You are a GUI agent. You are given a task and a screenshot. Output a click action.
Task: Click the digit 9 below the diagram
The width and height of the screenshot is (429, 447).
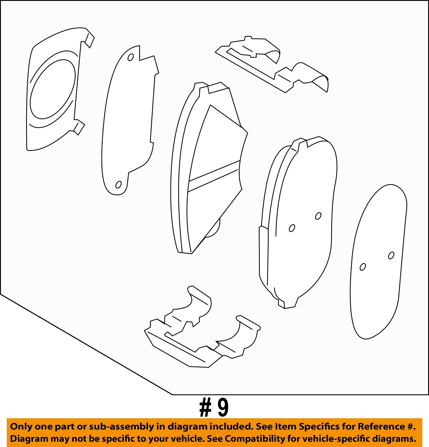(x=223, y=408)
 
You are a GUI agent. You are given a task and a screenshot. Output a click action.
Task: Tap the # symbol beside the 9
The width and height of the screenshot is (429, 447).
(x=205, y=408)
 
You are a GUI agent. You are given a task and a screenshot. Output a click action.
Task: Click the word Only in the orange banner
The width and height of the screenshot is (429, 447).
(x=21, y=426)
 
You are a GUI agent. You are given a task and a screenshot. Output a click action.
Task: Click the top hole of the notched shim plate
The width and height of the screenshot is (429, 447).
(x=131, y=57)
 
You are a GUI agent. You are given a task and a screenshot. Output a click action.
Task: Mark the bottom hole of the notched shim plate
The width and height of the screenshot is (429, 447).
(x=118, y=185)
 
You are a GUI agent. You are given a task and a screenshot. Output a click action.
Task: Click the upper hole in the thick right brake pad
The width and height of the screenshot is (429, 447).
(x=318, y=216)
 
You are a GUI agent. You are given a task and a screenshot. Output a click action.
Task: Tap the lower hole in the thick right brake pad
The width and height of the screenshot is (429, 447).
(x=292, y=228)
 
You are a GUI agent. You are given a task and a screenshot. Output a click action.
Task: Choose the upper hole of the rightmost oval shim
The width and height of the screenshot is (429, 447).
(x=391, y=255)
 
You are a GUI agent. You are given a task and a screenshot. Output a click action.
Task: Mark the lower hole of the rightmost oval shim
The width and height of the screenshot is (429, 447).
(x=363, y=267)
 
